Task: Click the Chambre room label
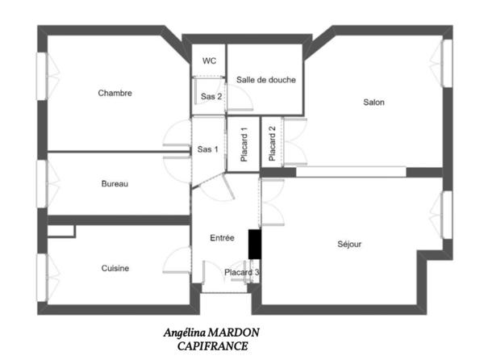pyautogui.click(x=115, y=93)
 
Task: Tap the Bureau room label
pyautogui.click(x=115, y=184)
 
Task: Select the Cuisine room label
pyautogui.click(x=115, y=269)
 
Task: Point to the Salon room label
pyautogui.click(x=373, y=103)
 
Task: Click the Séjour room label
pyautogui.click(x=349, y=245)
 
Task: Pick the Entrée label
pyautogui.click(x=222, y=238)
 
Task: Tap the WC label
pyautogui.click(x=209, y=61)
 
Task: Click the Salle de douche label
pyautogui.click(x=265, y=80)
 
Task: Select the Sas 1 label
pyautogui.click(x=207, y=149)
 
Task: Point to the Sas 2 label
pyautogui.click(x=211, y=96)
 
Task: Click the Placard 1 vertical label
pyautogui.click(x=244, y=144)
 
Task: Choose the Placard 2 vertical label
pyautogui.click(x=273, y=144)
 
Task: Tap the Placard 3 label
pyautogui.click(x=241, y=273)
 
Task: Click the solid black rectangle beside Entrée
pyautogui.click(x=254, y=244)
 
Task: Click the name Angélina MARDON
pyautogui.click(x=212, y=333)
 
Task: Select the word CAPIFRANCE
pyautogui.click(x=212, y=345)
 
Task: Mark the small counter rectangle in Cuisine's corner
pyautogui.click(x=61, y=232)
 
